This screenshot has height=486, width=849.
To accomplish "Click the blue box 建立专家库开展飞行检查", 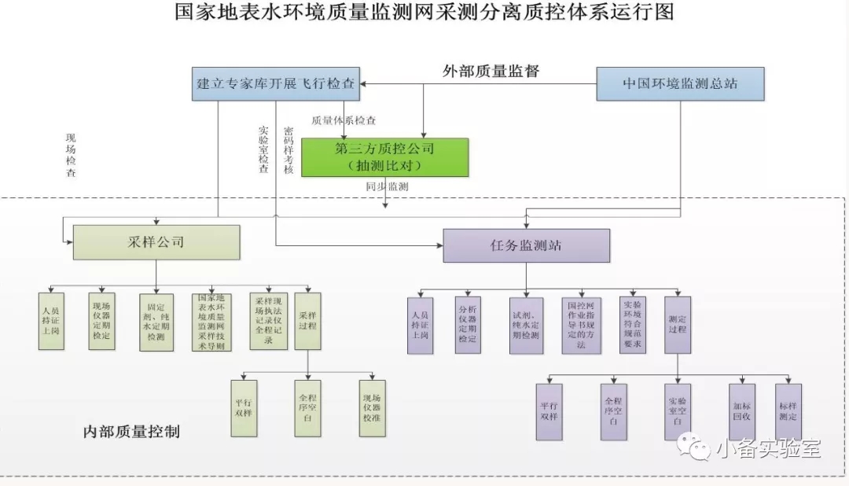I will click(x=275, y=83).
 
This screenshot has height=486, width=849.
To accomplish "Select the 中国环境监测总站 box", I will click(x=680, y=83).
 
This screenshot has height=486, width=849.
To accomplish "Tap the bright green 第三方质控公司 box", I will click(x=384, y=157).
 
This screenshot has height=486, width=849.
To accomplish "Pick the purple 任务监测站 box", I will click(x=526, y=245).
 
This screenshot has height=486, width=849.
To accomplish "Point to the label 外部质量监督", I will click(x=491, y=71).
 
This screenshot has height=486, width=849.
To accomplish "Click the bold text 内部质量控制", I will click(x=131, y=432).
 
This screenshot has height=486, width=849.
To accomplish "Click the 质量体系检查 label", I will click(x=344, y=121).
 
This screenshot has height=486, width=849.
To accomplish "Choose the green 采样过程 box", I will click(x=307, y=321).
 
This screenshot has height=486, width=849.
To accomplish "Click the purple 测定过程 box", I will click(x=677, y=324).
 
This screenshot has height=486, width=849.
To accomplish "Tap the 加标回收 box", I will click(x=740, y=406).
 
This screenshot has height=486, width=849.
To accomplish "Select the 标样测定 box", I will click(x=788, y=406).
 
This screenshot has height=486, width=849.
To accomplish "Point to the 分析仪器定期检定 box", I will click(x=468, y=324).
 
